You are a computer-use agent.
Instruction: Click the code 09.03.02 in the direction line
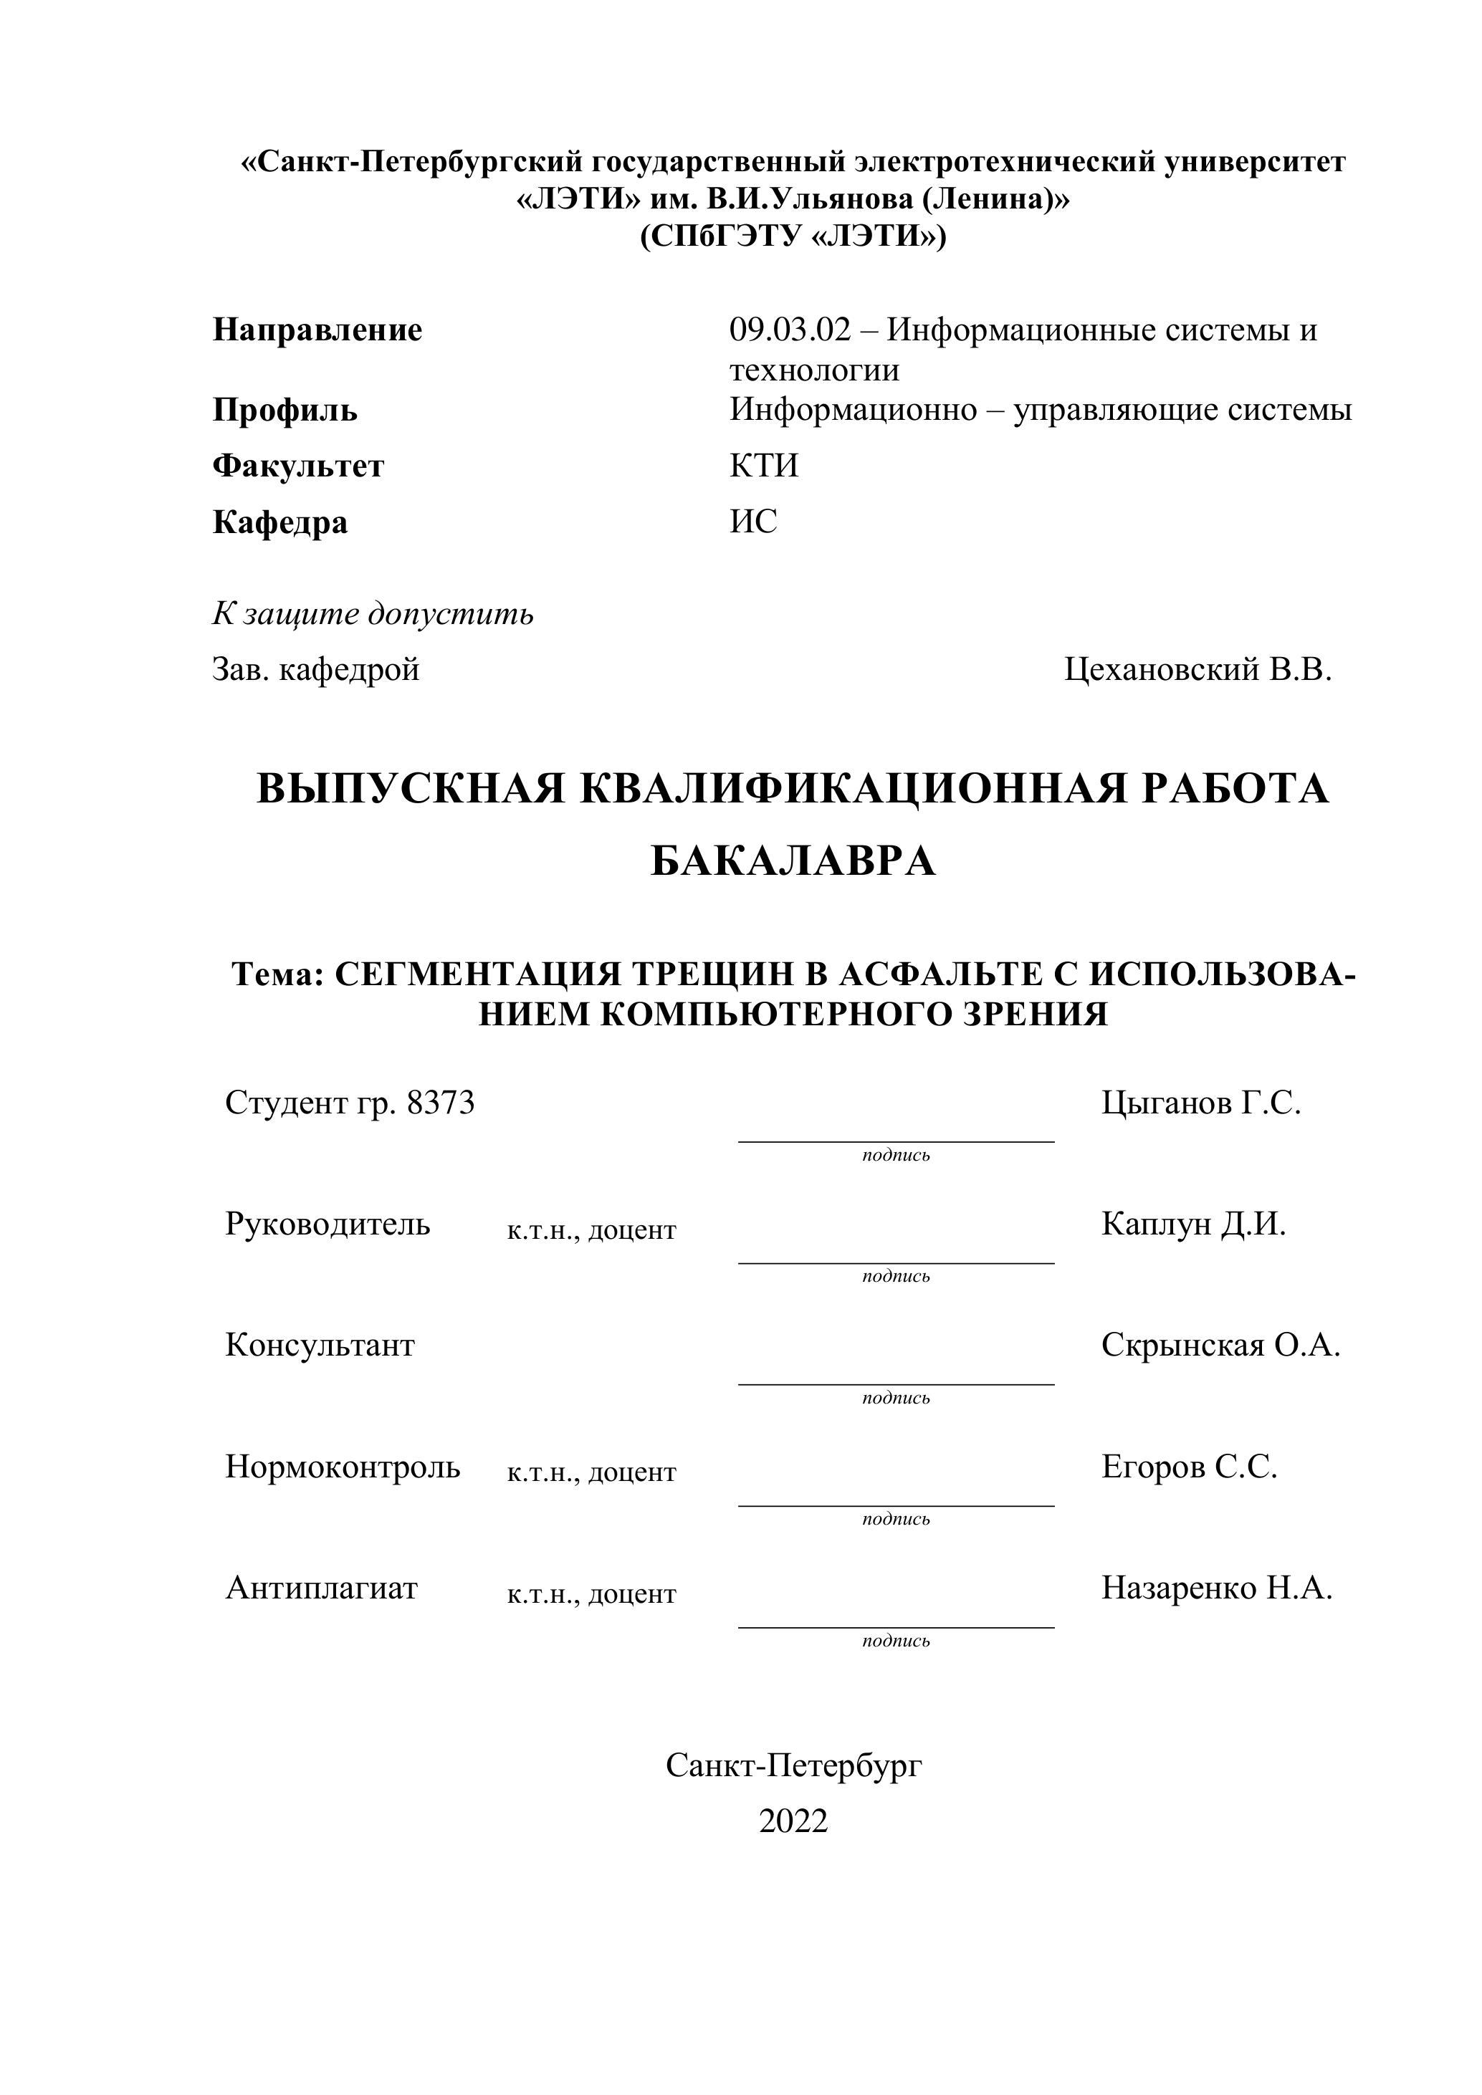click(789, 330)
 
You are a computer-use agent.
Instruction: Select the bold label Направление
click(317, 330)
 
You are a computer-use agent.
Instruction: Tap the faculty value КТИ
click(764, 466)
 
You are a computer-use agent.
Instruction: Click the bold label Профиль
click(285, 411)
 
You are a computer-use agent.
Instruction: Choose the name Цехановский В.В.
click(1197, 670)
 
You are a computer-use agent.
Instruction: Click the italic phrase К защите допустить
click(373, 614)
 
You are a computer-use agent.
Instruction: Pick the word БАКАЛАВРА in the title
click(793, 861)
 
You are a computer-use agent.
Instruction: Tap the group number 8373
click(441, 1103)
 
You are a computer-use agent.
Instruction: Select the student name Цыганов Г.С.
click(1200, 1103)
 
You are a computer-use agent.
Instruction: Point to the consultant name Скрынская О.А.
click(1220, 1345)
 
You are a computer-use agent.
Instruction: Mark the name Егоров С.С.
click(1188, 1467)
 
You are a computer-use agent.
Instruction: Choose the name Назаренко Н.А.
click(1216, 1588)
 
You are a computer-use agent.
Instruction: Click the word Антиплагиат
click(321, 1588)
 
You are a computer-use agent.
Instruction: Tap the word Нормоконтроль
click(343, 1467)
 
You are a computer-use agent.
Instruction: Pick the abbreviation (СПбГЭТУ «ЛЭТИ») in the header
click(793, 236)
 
